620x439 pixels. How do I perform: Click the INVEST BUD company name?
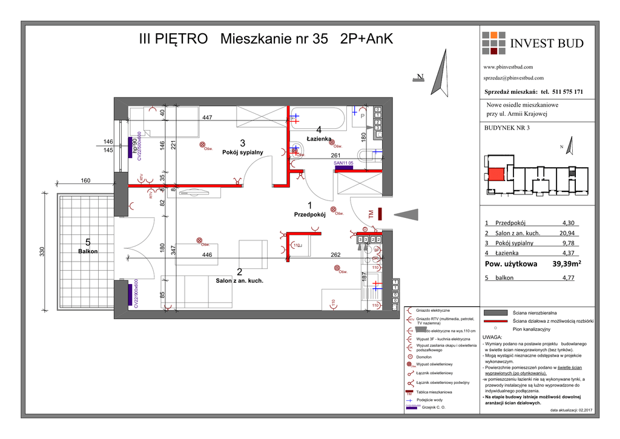(x=547, y=43)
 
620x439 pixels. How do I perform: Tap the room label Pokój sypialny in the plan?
(x=243, y=152)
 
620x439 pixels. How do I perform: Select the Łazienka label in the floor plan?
(x=318, y=139)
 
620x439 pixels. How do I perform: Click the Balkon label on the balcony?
(x=88, y=251)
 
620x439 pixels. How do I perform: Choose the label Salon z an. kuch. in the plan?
(x=240, y=280)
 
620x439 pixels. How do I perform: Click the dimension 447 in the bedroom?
(x=207, y=118)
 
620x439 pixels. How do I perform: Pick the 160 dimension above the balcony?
(x=85, y=180)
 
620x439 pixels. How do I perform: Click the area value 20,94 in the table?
(x=567, y=233)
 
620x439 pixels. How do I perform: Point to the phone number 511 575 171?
(x=568, y=91)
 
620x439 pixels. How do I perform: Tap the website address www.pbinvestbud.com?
(x=508, y=67)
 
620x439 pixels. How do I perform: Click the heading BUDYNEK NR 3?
(x=507, y=127)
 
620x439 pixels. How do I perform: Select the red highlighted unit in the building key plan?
(x=495, y=174)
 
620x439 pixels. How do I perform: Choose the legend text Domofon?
(x=424, y=357)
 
